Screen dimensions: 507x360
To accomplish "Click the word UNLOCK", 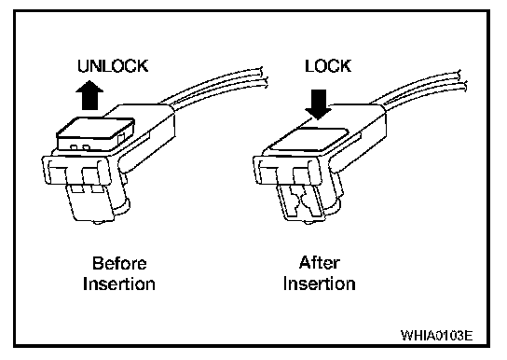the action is pos(113,66).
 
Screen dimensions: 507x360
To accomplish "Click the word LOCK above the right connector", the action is pos(328,66).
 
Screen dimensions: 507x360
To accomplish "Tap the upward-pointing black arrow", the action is pos(89,95).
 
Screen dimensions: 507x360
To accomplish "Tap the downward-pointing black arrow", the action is pos(319,104).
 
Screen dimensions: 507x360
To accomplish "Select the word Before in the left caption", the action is pos(119,263).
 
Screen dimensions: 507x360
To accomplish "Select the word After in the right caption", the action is pos(320,263).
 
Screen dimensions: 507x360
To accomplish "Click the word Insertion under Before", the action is pos(119,284).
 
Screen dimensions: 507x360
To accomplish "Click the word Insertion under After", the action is pos(320,284).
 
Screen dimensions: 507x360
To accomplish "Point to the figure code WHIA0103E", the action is pos(437,336).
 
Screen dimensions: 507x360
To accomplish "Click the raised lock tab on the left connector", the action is pos(96,133).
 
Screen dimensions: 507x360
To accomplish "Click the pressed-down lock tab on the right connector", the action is pos(308,139).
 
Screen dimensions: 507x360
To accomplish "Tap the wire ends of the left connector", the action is pos(264,77).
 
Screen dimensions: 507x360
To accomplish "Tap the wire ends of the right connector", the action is pos(461,80).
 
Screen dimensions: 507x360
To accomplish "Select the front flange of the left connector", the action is pos(77,171).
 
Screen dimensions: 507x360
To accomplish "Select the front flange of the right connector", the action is pos(288,171).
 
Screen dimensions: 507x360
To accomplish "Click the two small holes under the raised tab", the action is pos(80,147).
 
